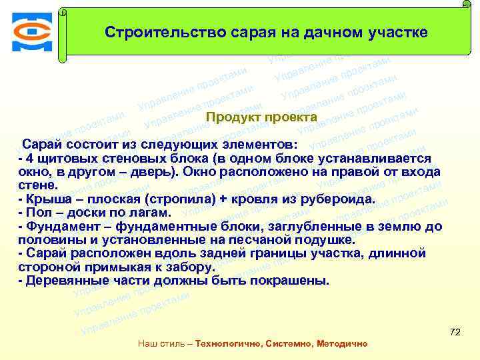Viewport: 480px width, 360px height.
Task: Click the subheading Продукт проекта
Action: [262, 117]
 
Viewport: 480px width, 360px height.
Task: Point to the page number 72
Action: [456, 331]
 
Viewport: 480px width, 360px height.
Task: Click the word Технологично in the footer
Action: [227, 344]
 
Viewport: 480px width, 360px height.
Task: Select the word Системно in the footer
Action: [289, 344]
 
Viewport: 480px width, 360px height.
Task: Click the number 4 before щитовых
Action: [27, 157]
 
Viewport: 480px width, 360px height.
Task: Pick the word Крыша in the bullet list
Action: [45, 199]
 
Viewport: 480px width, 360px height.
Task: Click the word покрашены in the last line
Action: [292, 281]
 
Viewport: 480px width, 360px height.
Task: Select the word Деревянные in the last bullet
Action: [63, 281]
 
